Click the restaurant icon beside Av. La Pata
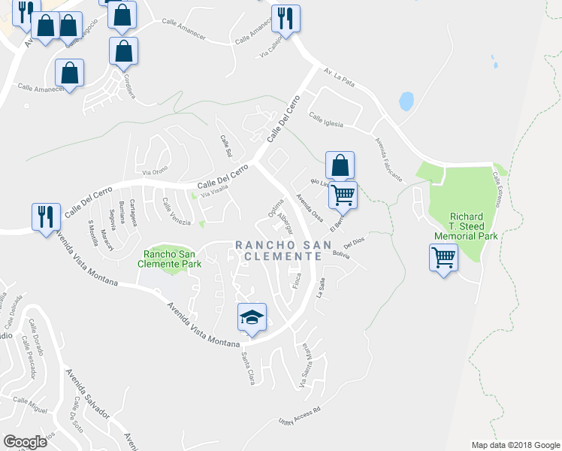(286, 18)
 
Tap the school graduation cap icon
(252, 317)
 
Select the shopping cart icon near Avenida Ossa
(343, 195)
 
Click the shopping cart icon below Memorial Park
(443, 258)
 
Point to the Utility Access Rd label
(299, 416)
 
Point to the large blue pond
(406, 101)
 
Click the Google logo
(25, 442)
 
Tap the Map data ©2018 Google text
(515, 445)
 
